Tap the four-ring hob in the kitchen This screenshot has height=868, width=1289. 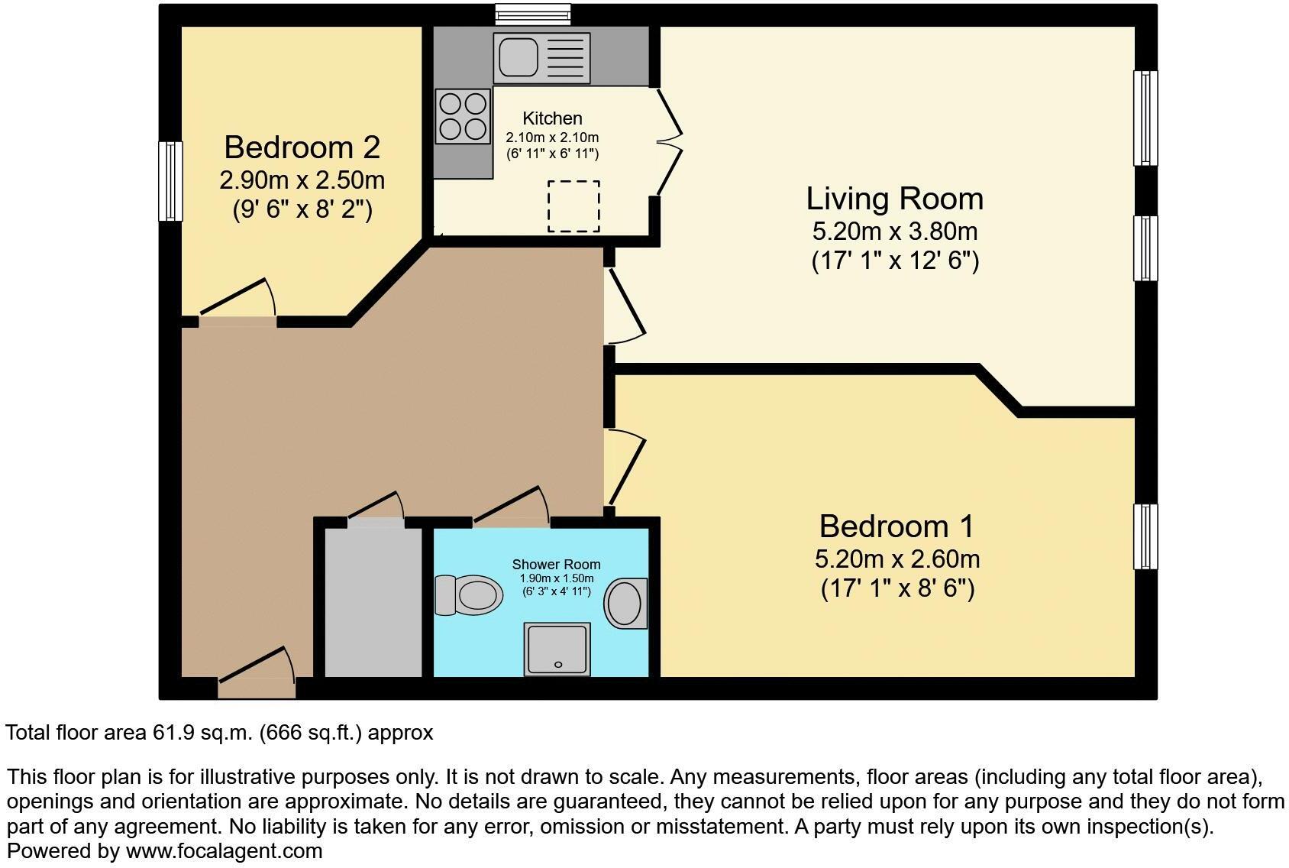tap(463, 116)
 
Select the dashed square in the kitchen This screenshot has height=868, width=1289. tap(573, 206)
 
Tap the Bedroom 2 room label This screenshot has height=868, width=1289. tap(302, 147)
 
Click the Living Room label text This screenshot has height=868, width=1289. tap(894, 199)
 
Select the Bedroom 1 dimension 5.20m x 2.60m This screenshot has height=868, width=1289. tap(896, 559)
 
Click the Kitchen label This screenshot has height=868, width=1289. tap(552, 118)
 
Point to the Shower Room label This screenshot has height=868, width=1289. tap(556, 565)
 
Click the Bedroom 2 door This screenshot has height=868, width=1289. tap(237, 300)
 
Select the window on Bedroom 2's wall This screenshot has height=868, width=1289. tap(170, 181)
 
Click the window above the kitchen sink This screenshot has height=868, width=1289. tap(532, 14)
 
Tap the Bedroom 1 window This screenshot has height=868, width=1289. tap(1145, 536)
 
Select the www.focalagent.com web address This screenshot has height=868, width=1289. tap(224, 850)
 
